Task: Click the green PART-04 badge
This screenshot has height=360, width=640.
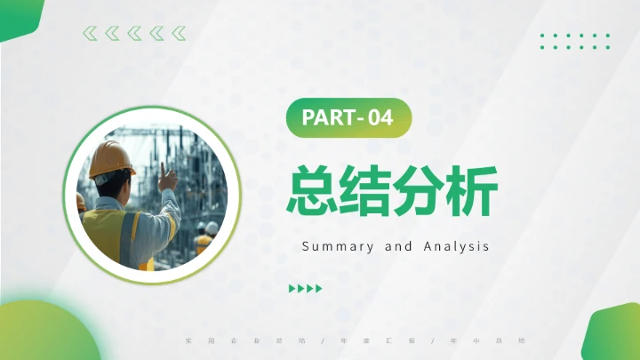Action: (348, 119)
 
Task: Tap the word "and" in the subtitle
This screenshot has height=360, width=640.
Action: (398, 246)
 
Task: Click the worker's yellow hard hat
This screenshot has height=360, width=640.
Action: (111, 158)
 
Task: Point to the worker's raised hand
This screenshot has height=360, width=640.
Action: (166, 177)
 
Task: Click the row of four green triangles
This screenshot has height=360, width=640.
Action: (306, 288)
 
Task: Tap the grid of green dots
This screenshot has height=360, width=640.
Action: (575, 41)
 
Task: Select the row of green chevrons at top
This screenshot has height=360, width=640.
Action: (134, 34)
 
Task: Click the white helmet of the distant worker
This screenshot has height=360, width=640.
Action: (212, 228)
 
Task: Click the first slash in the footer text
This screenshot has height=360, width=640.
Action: (320, 340)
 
